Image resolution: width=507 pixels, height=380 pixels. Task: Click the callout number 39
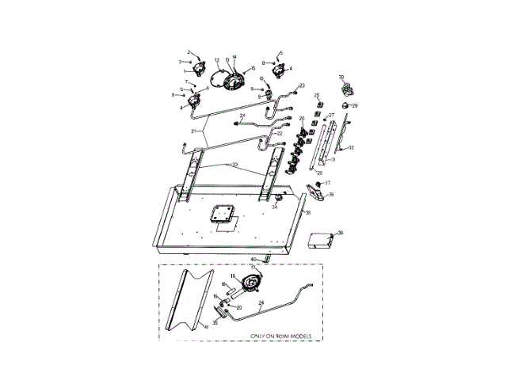coord(341,233)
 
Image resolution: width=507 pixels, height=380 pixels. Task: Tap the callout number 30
coord(342,78)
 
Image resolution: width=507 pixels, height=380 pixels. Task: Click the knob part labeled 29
coord(346,104)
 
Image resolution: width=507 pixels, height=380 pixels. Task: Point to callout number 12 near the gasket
coord(216,60)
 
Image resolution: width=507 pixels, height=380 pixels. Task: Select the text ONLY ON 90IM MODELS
coord(276,336)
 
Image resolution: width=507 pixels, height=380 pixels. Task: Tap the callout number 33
coord(234,165)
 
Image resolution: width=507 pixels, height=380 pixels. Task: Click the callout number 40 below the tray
coord(253,260)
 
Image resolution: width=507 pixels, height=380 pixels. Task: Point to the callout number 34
coord(276,207)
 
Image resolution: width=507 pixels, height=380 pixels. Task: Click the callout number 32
coord(351,148)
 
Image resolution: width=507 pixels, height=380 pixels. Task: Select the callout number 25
coord(317,96)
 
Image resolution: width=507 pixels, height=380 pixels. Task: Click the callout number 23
coord(302,85)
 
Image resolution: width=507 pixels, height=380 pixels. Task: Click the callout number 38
coord(307,213)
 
